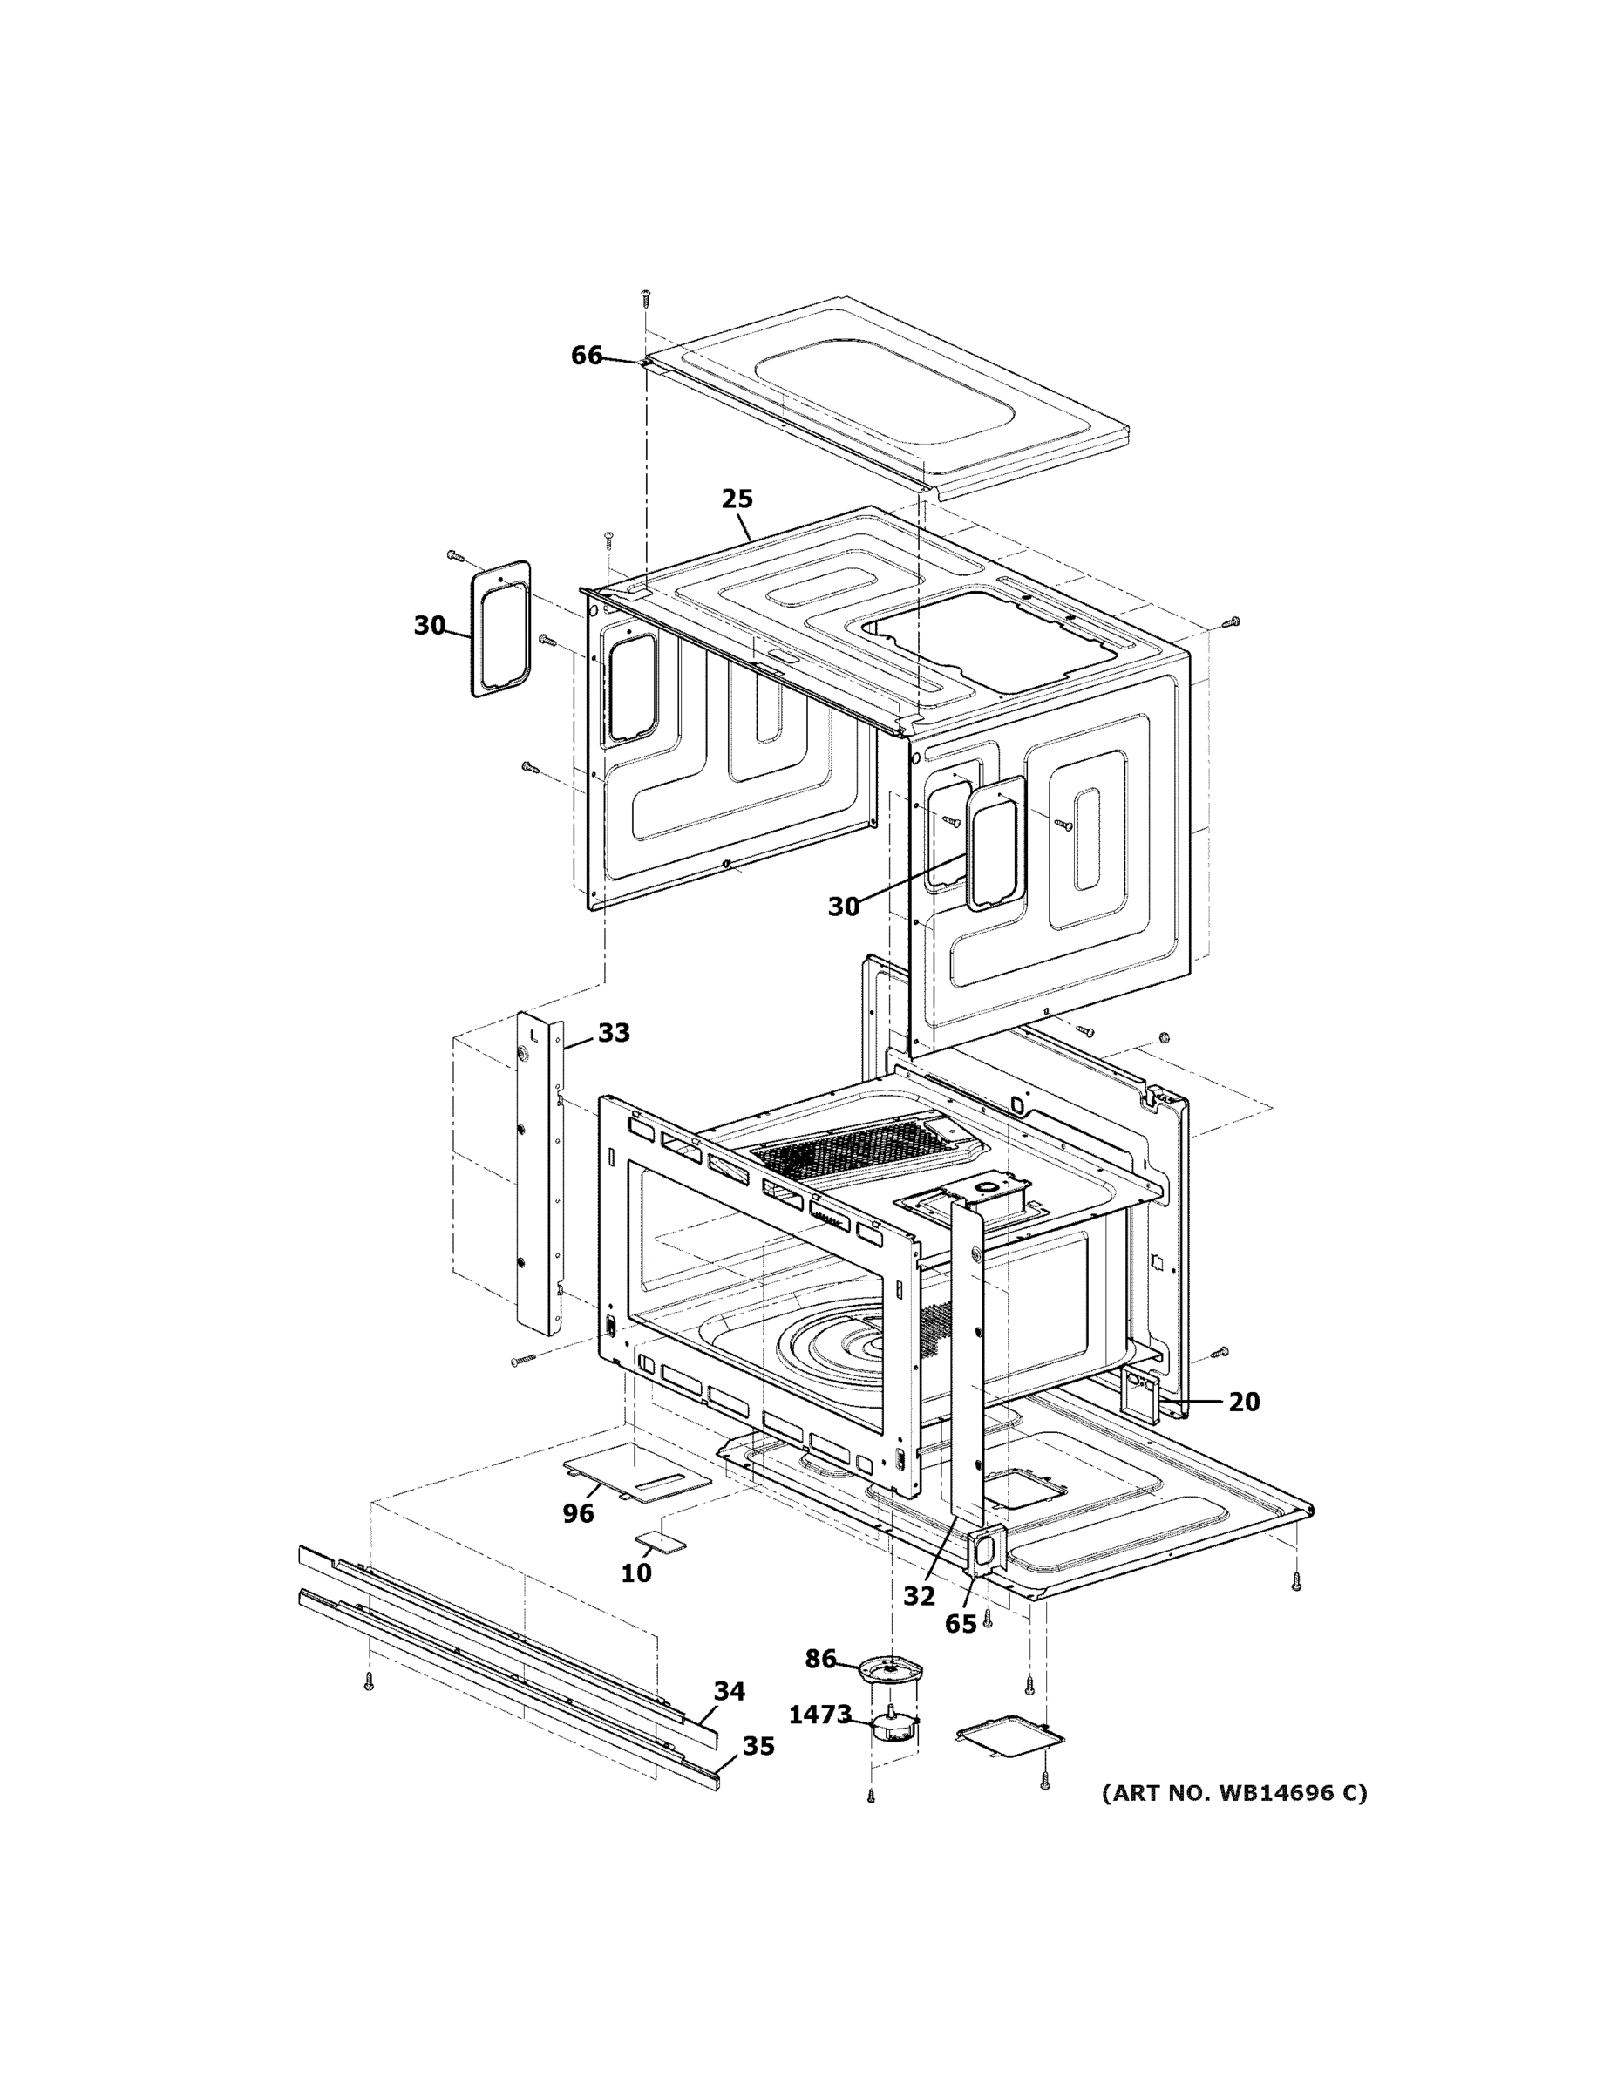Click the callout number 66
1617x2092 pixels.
pyautogui.click(x=587, y=356)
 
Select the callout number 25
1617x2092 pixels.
pyautogui.click(x=737, y=499)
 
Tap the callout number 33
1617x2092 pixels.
pyautogui.click(x=614, y=1033)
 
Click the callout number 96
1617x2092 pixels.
pyautogui.click(x=578, y=1513)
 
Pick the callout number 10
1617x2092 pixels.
pyautogui.click(x=636, y=1572)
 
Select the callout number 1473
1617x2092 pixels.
pyautogui.click(x=820, y=1715)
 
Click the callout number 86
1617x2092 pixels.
pyautogui.click(x=820, y=1659)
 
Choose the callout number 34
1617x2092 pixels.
pyautogui.click(x=729, y=1692)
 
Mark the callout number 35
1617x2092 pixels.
pyautogui.click(x=758, y=1746)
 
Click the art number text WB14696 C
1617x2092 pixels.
pyautogui.click(x=1233, y=1793)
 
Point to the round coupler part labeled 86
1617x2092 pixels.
pyautogui.click(x=890, y=1673)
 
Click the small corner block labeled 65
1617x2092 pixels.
pyautogui.click(x=984, y=1551)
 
